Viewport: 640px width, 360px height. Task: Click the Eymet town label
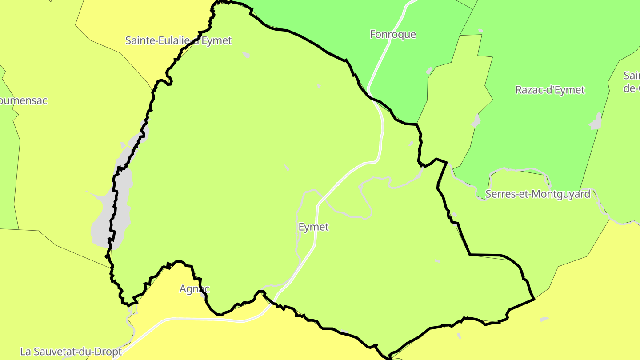point(313,227)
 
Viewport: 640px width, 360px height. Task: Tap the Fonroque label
point(393,34)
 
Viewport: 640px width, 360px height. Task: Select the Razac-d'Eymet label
point(550,90)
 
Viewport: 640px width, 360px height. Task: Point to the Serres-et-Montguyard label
point(538,194)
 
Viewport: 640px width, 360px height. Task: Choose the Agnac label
point(194,289)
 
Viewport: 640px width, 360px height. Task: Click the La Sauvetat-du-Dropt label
point(71,352)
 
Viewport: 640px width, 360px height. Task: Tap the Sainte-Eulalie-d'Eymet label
point(178,40)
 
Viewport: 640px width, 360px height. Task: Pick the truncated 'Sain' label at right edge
point(632,81)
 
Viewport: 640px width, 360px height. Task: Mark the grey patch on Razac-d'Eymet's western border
point(476,120)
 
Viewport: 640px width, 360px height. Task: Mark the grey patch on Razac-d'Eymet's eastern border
point(596,122)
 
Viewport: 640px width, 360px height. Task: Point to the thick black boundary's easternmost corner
point(534,299)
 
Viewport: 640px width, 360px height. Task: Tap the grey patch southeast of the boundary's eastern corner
point(544,319)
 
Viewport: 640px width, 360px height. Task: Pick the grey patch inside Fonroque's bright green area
point(429,71)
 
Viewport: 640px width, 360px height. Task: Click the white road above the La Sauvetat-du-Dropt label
point(147,329)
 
